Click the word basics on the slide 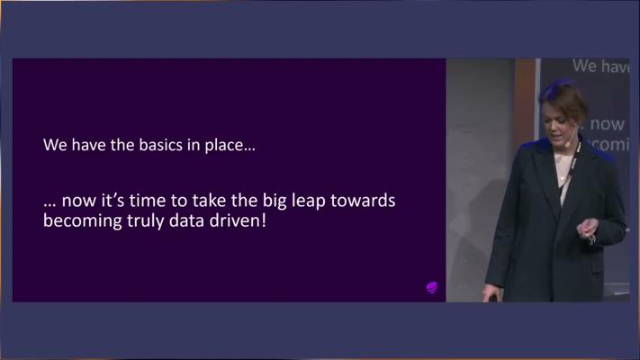(x=160, y=145)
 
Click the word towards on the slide (x=363, y=201)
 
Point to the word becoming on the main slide (x=83, y=221)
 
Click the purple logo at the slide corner (x=432, y=287)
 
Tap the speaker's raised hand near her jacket (x=588, y=229)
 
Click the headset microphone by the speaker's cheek (x=567, y=144)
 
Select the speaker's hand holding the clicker (x=491, y=293)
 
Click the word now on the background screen (x=608, y=124)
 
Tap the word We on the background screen (x=584, y=66)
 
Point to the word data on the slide (x=186, y=220)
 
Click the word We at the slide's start (x=56, y=145)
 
